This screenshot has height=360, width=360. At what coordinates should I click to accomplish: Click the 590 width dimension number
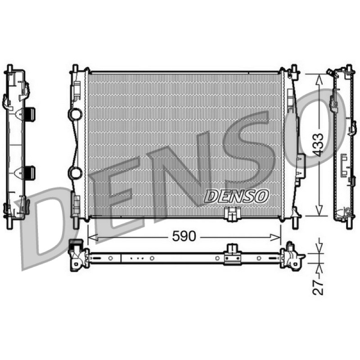click(x=184, y=236)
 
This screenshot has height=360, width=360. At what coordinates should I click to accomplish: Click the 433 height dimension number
click(x=318, y=145)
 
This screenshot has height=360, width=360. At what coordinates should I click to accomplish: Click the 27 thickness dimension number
click(x=318, y=287)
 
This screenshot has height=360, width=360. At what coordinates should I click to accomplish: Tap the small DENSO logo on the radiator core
click(x=236, y=197)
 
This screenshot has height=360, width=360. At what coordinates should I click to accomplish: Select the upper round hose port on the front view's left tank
click(x=75, y=114)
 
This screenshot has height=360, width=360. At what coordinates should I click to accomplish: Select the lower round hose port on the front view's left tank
click(x=75, y=173)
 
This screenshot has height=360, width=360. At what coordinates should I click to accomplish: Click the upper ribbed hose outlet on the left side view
click(x=30, y=114)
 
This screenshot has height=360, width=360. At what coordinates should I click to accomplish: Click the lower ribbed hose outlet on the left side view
click(x=30, y=173)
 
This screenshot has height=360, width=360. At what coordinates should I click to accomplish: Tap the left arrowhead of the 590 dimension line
click(x=93, y=238)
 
